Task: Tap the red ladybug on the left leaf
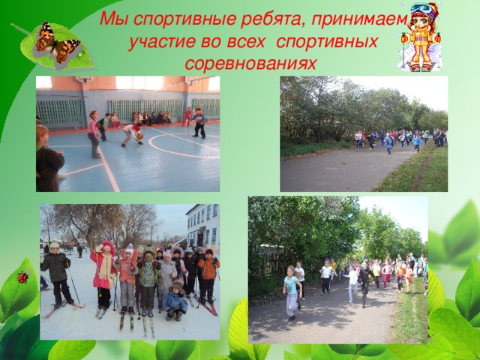click(x=22, y=277)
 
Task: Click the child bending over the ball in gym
click(x=132, y=133)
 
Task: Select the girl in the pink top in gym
click(x=94, y=135)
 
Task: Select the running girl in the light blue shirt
click(x=290, y=292)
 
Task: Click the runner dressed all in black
click(x=364, y=283)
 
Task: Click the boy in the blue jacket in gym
click(x=198, y=121)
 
